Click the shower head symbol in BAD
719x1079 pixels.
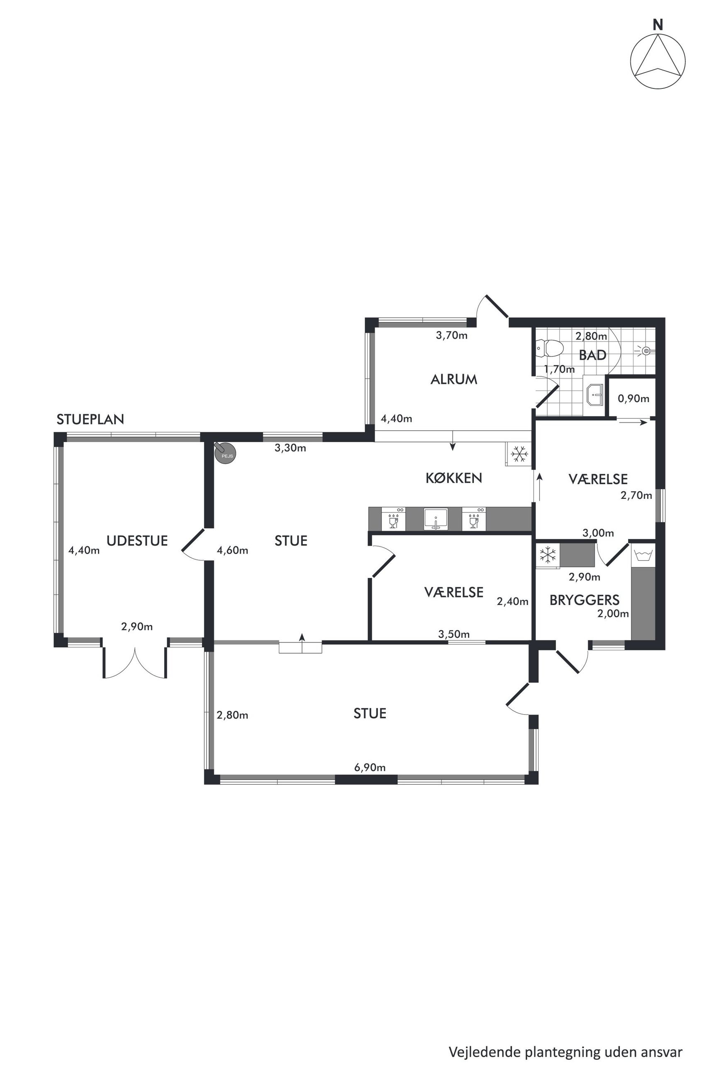click(646, 351)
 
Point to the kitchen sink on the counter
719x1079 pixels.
click(435, 519)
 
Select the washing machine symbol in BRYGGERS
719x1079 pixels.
click(644, 555)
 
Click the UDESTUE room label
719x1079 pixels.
click(137, 541)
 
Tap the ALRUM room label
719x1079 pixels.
click(454, 379)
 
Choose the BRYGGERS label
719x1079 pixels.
click(584, 600)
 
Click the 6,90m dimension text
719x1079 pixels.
click(370, 767)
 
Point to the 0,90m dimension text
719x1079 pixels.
click(634, 398)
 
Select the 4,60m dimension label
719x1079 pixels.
click(232, 550)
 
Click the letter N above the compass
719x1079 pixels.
click(658, 26)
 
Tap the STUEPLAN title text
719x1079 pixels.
click(90, 420)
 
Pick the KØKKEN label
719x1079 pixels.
click(454, 478)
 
